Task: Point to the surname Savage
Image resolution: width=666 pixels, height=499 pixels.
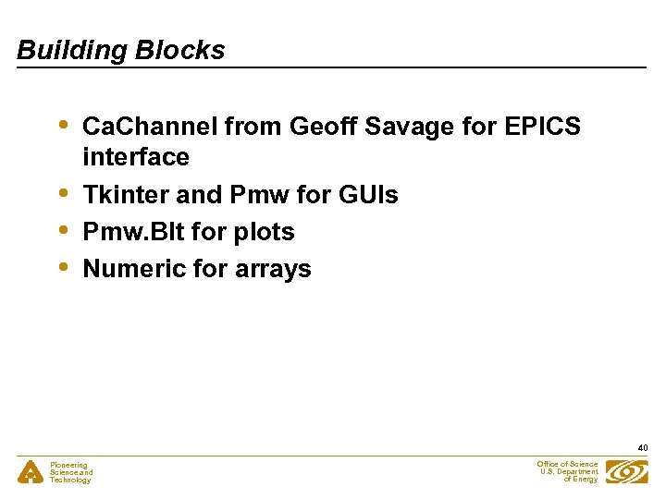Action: (x=408, y=127)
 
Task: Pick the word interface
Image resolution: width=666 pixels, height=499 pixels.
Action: (x=135, y=157)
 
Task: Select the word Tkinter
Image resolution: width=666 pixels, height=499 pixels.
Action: (x=120, y=195)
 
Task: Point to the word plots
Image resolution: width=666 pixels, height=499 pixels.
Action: (x=264, y=232)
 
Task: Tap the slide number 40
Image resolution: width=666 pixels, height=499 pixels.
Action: (x=642, y=448)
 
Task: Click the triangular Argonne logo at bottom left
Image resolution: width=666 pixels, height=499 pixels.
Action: (x=30, y=472)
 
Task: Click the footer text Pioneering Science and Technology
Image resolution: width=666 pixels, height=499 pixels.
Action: (x=71, y=472)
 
